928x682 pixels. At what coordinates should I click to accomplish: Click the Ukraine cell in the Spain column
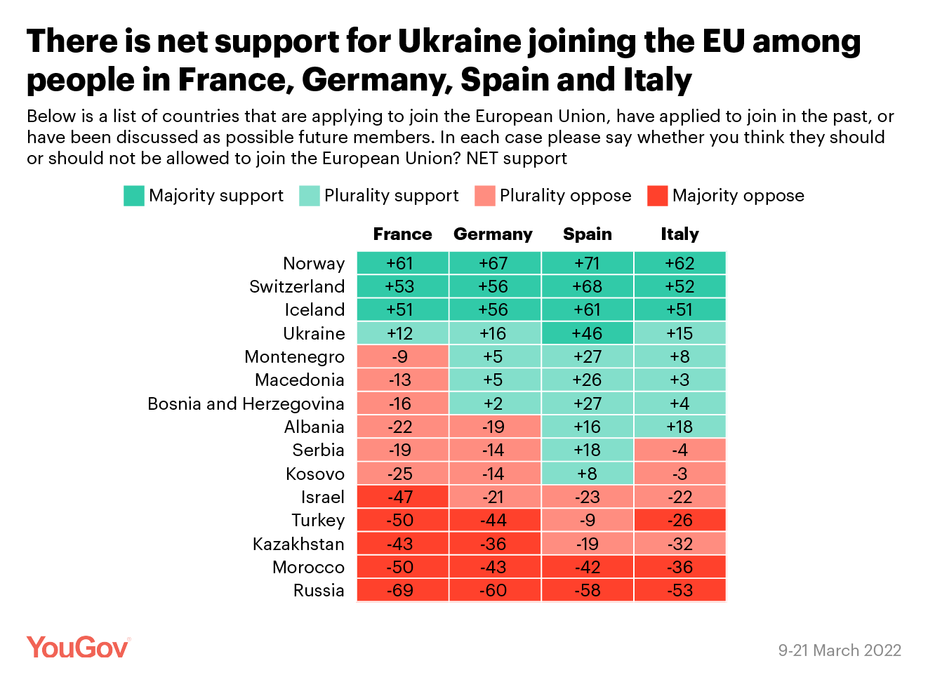587,333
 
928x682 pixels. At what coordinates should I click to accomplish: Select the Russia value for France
402,591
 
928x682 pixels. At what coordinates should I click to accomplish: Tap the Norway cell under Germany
494,263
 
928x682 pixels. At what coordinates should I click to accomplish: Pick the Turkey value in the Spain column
587,521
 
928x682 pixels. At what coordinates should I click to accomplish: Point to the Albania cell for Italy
680,427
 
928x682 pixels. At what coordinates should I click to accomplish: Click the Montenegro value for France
402,356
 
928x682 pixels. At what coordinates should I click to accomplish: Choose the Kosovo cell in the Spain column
587,474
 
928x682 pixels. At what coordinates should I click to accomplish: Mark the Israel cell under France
402,497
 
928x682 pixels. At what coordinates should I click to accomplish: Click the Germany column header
493,234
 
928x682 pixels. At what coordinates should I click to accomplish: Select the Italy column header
680,234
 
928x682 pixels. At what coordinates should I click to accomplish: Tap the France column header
402,234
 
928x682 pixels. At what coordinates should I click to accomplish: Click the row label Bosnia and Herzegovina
246,404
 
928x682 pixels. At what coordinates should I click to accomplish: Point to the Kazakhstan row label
298,544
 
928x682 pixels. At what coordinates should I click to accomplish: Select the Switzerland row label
297,287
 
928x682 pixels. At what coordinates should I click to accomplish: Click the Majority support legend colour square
133,196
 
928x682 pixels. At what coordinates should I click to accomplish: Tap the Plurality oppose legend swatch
484,196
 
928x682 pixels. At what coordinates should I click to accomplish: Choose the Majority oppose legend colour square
657,196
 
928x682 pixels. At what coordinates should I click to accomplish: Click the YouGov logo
78,647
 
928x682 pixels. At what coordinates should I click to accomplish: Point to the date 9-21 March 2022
839,650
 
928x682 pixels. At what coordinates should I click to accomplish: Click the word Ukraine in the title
460,42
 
